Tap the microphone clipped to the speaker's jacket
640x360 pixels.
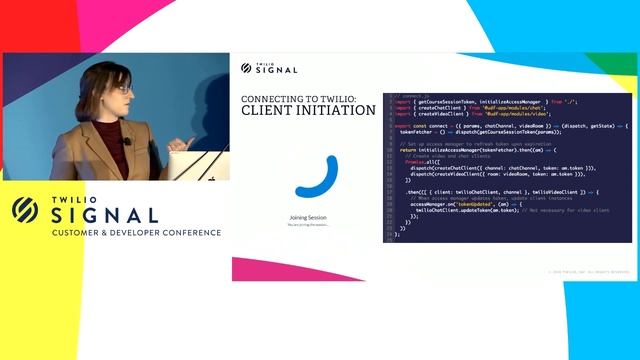coord(127,141)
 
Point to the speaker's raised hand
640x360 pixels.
coord(181,146)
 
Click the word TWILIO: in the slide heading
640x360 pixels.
coord(326,99)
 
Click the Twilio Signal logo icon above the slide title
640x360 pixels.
coord(247,68)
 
